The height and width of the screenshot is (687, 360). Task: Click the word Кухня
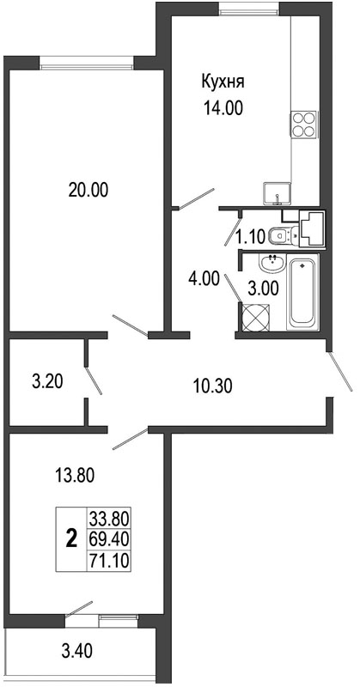(223, 82)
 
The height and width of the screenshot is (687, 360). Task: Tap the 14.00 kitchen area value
(223, 108)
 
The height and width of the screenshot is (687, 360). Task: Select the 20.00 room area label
(88, 190)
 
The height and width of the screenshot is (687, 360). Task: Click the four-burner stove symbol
(303, 125)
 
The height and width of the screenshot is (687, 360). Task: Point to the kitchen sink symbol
(278, 194)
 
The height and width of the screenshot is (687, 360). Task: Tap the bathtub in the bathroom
(302, 294)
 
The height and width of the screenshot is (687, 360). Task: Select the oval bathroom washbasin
(272, 264)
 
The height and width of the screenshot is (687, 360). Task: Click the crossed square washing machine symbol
(255, 317)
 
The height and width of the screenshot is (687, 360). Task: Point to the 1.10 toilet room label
(251, 238)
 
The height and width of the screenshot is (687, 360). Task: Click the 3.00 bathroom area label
(262, 289)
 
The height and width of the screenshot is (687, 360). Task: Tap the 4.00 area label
(203, 279)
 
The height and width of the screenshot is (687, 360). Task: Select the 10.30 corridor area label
(213, 386)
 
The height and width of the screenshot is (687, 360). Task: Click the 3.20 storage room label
(48, 381)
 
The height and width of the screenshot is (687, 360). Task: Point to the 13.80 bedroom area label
(75, 476)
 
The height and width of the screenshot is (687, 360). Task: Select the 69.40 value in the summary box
(109, 539)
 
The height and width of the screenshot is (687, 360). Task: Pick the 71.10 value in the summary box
(109, 560)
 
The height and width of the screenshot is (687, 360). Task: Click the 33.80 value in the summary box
(109, 520)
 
